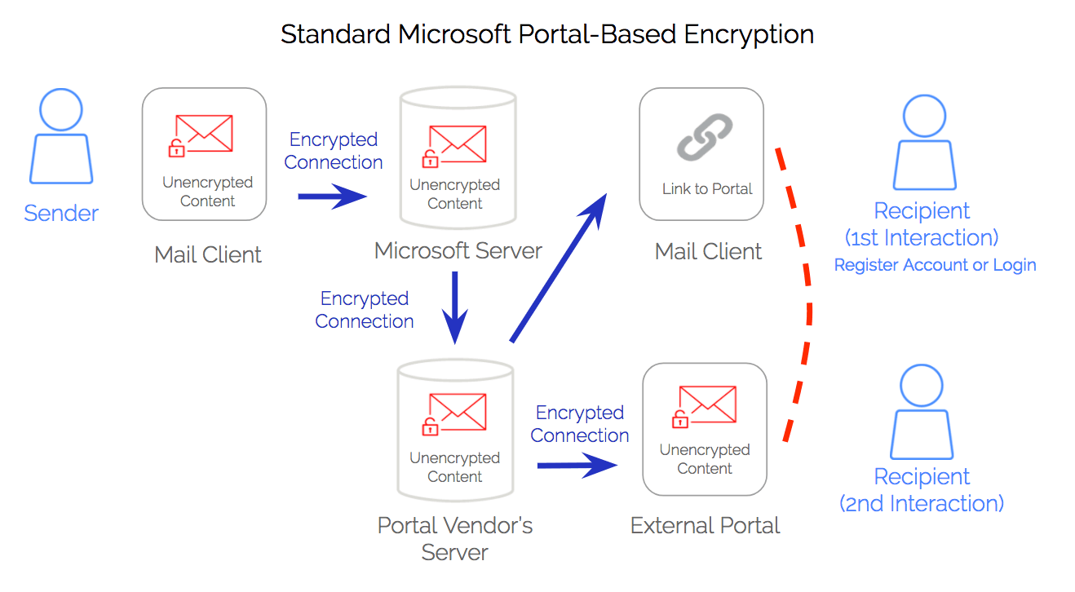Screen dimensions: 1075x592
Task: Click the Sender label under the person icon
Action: [x=61, y=213]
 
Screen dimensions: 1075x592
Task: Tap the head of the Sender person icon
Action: [x=61, y=109]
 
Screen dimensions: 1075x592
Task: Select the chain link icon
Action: [x=705, y=137]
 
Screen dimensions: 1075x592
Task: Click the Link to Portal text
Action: [x=707, y=188]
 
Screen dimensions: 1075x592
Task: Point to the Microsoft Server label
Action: [x=458, y=250]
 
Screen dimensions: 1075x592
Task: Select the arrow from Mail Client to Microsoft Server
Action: [x=332, y=197]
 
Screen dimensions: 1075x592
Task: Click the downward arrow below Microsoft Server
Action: [x=454, y=307]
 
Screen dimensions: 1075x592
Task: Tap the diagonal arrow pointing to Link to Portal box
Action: [x=559, y=267]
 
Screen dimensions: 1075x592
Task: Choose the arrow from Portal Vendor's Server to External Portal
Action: [x=577, y=465]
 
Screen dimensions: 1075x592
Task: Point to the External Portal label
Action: [x=705, y=525]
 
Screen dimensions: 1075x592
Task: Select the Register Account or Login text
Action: [x=935, y=265]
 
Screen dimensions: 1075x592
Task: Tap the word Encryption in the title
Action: [x=749, y=35]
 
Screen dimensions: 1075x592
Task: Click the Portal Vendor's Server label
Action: [x=454, y=538]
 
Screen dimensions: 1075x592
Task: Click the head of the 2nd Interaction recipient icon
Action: [x=922, y=386]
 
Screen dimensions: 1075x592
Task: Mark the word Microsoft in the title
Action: [x=454, y=34]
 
